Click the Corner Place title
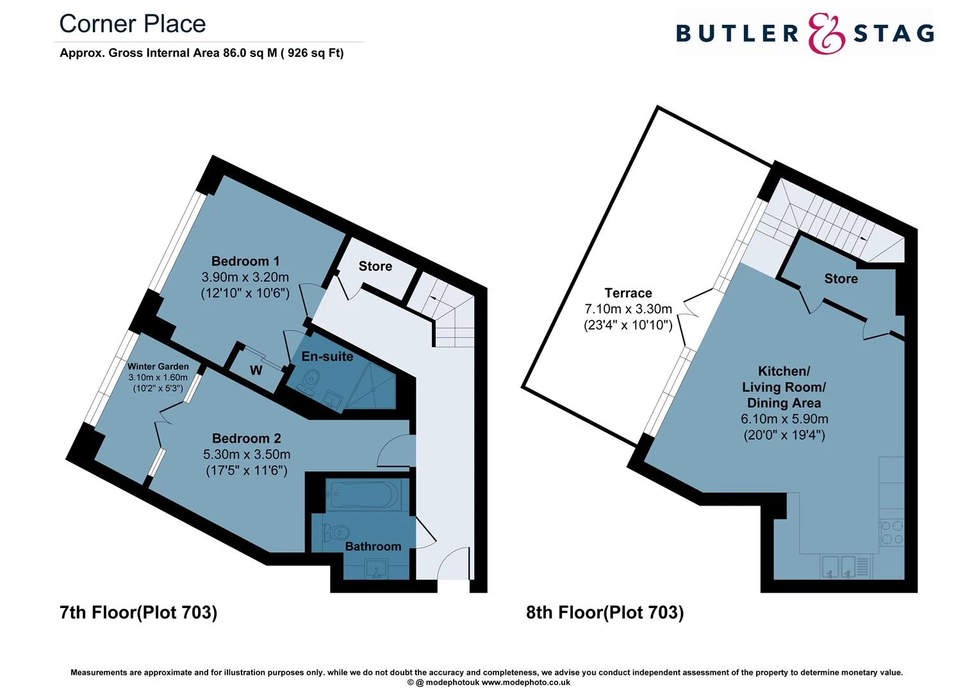click(133, 24)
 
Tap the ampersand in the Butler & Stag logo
click(826, 34)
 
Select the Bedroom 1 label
click(245, 261)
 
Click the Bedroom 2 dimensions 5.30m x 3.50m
click(247, 454)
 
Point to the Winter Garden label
click(158, 367)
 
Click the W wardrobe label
click(256, 370)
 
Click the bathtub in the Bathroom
click(362, 495)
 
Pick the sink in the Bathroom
click(375, 570)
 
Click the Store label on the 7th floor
click(375, 266)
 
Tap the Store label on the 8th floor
click(841, 279)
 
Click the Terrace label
click(628, 293)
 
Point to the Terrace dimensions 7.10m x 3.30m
click(628, 309)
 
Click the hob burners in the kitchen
click(892, 532)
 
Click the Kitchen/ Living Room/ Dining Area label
click(784, 387)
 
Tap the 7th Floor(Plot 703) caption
click(138, 612)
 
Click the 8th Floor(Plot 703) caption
click(605, 612)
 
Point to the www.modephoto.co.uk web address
click(526, 682)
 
